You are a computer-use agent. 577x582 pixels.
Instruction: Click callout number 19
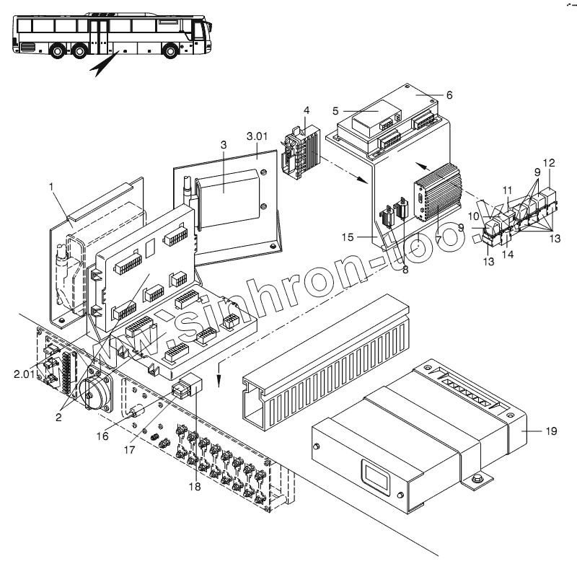tap(550, 431)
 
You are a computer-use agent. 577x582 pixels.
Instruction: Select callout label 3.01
tap(257, 136)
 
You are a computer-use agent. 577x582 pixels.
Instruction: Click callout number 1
tap(52, 187)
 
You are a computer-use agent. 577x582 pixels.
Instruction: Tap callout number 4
tap(306, 110)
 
